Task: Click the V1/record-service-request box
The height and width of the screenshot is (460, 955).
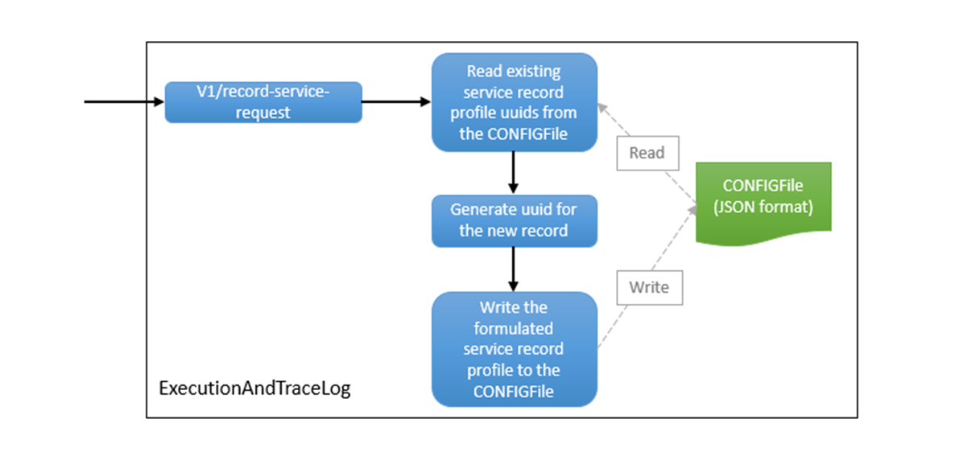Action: point(263,102)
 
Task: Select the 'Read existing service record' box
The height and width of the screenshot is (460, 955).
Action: point(514,102)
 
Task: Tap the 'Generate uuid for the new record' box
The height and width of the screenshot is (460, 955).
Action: point(514,220)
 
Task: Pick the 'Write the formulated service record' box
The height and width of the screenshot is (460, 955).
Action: point(514,349)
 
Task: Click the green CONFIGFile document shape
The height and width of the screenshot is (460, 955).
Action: point(763,197)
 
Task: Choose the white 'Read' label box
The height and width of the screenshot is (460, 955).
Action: point(647,154)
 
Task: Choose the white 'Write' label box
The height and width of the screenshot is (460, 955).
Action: point(649,287)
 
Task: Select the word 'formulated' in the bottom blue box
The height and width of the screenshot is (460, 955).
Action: point(514,328)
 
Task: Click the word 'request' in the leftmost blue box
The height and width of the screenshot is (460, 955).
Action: point(263,113)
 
